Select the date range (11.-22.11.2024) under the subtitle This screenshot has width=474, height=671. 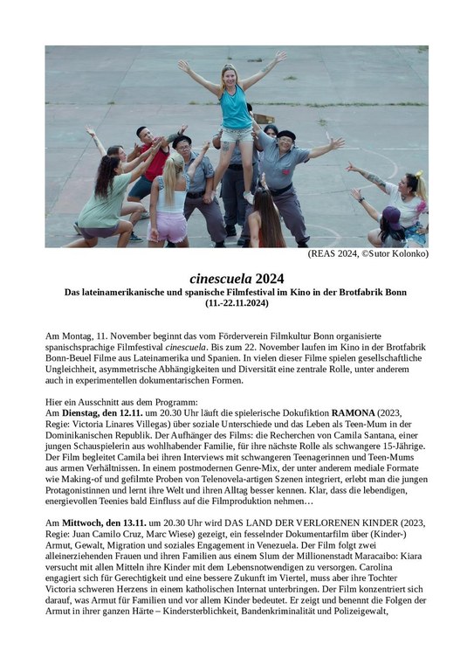[237, 302]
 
